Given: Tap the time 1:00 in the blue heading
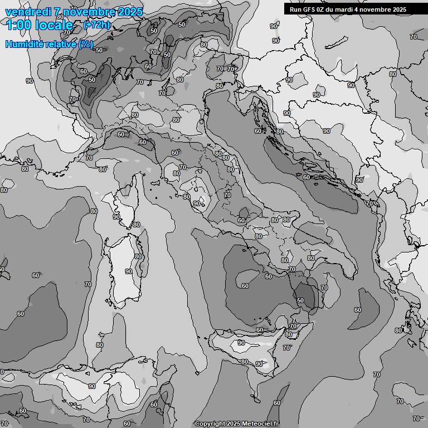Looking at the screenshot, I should [x=19, y=25].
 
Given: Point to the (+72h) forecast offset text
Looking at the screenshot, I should [x=96, y=26].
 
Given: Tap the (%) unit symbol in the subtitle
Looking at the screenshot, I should [x=86, y=44].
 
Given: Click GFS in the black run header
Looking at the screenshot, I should [x=310, y=9].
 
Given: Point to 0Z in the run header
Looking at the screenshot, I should [x=323, y=9].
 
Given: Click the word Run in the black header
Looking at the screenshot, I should [x=295, y=9].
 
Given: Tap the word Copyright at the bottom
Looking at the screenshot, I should [x=210, y=424].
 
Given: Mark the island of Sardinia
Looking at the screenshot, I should [x=126, y=267].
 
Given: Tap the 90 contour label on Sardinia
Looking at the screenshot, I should [x=129, y=271].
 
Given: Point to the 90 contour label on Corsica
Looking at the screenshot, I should [x=116, y=217].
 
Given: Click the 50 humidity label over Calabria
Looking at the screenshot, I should [x=300, y=300].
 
